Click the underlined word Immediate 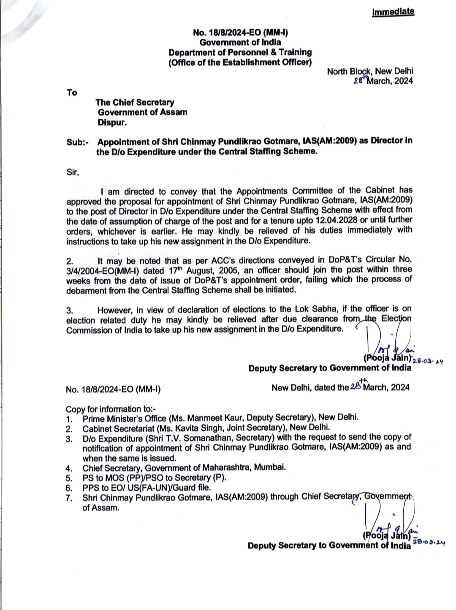393,12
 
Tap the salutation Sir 73,172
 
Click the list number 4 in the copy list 69,468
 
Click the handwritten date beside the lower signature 429,543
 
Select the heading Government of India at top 240,42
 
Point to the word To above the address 72,92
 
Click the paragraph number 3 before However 69,310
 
